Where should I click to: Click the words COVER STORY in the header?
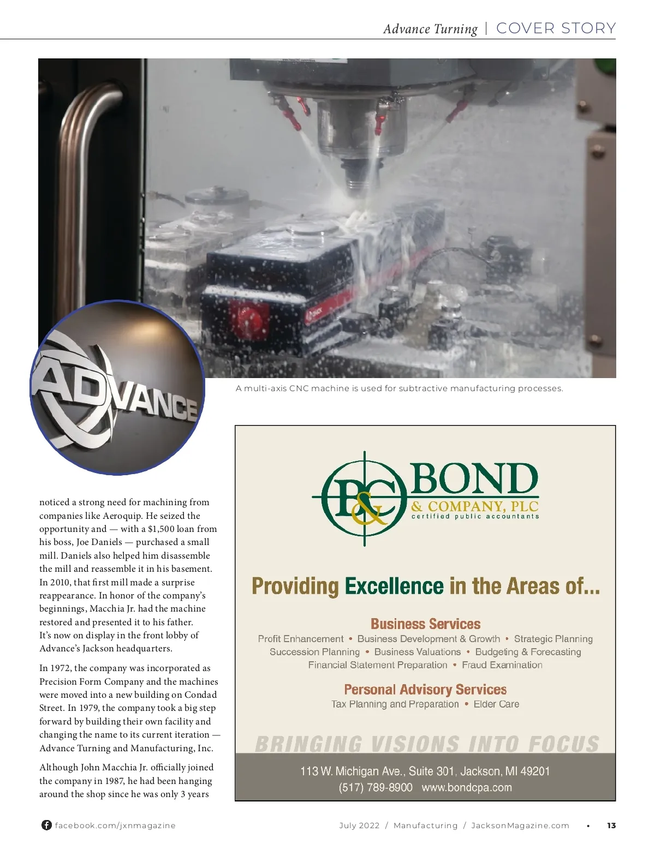pyautogui.click(x=556, y=28)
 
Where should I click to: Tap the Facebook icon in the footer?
pyautogui.click(x=46, y=825)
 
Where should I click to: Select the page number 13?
pyautogui.click(x=611, y=825)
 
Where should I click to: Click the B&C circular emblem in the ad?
pyautogui.click(x=364, y=498)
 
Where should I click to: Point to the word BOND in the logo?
pyautogui.click(x=474, y=480)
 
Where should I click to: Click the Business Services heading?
pyautogui.click(x=425, y=624)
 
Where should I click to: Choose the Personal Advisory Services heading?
pyautogui.click(x=425, y=690)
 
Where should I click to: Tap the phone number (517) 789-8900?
pyautogui.click(x=376, y=787)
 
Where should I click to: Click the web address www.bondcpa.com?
pyautogui.click(x=467, y=787)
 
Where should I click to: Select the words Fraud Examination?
pyautogui.click(x=502, y=665)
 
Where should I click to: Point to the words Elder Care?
pyautogui.click(x=496, y=704)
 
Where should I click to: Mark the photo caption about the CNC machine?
pyautogui.click(x=399, y=388)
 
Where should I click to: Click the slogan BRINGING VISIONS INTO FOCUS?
pyautogui.click(x=427, y=744)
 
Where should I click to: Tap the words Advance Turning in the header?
pyautogui.click(x=430, y=29)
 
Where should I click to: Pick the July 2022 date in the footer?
pyautogui.click(x=359, y=825)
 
